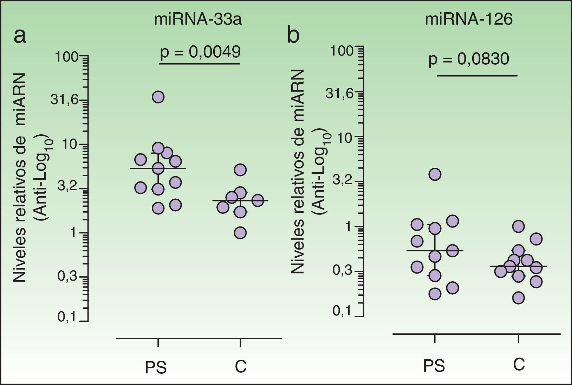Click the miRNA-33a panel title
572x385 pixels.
[x=198, y=20]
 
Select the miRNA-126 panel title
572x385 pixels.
[x=469, y=20]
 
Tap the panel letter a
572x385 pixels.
[x=20, y=36]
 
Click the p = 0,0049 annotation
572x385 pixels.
[x=200, y=52]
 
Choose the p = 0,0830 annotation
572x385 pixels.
[x=469, y=59]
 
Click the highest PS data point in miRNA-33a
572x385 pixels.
[x=158, y=97]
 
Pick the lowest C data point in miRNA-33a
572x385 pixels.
[x=240, y=233]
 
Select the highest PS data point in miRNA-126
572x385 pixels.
[x=435, y=174]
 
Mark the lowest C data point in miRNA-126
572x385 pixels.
[x=519, y=298]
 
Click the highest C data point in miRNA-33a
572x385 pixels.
[x=240, y=170]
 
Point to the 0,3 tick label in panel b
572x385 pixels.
[x=342, y=271]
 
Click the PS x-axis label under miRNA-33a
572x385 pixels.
[x=156, y=367]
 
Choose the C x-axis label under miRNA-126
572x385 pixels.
[x=519, y=365]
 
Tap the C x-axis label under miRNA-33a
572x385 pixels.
[x=241, y=367]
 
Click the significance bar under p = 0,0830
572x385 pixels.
[x=477, y=76]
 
